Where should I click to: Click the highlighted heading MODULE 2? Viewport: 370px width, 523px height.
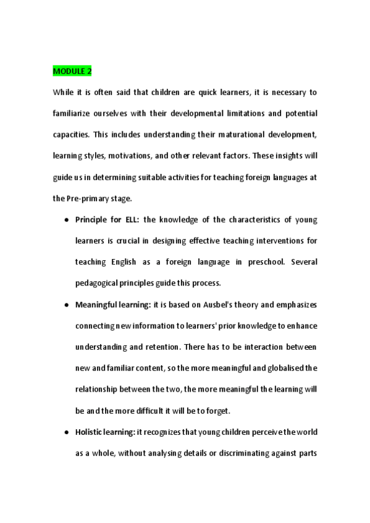[72, 71]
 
